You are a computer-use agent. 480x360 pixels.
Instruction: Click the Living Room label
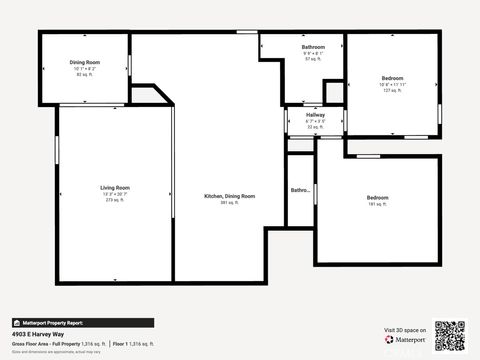[x=114, y=188]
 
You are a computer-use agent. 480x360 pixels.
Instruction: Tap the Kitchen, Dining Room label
[x=230, y=196]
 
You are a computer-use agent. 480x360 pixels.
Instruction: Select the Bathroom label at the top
[x=313, y=47]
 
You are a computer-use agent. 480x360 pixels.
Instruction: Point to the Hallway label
[x=315, y=115]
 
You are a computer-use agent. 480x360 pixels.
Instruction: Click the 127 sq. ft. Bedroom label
[x=392, y=78]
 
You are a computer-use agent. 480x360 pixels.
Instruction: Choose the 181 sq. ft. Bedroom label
[x=378, y=198]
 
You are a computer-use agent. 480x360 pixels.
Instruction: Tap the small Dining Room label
[x=85, y=62]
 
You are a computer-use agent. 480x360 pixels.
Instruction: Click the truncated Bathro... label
[x=300, y=190]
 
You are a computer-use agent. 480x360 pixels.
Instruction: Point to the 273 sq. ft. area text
[x=114, y=200]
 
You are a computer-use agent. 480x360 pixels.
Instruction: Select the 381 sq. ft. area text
[x=230, y=203]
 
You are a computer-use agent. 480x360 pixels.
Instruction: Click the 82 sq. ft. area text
[x=85, y=75]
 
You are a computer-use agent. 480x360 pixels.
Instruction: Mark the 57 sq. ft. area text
[x=313, y=60]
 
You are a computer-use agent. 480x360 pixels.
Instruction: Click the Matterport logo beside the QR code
[x=405, y=340]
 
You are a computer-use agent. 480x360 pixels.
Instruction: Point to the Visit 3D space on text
[x=405, y=330]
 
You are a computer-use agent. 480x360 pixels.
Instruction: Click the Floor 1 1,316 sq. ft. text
[x=133, y=343]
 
